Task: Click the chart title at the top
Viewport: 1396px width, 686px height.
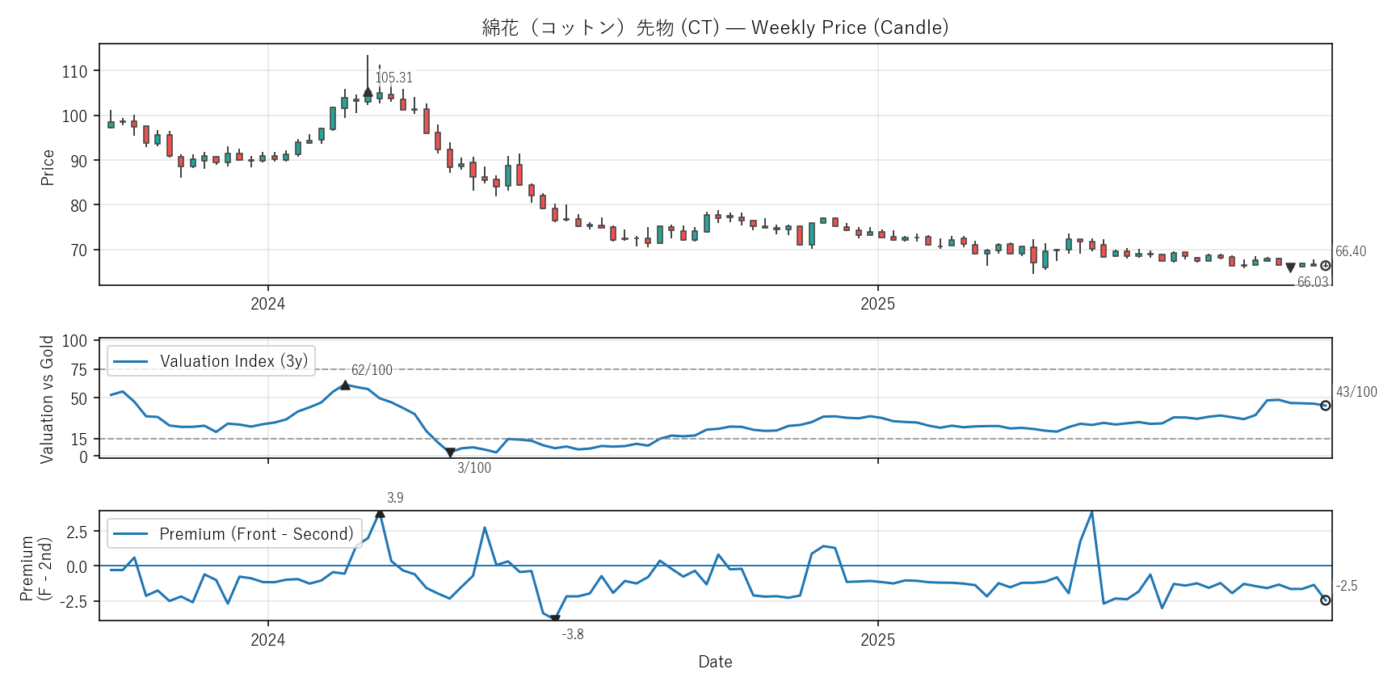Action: tap(715, 27)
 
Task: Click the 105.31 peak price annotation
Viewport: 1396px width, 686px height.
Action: tap(393, 78)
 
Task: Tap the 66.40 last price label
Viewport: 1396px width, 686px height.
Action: tap(1350, 251)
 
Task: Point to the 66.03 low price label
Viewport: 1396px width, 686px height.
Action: tap(1312, 282)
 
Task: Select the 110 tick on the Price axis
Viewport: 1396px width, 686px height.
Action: tap(74, 71)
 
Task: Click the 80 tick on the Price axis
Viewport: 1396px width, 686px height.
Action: tap(78, 205)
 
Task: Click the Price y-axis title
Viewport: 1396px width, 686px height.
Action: tap(48, 167)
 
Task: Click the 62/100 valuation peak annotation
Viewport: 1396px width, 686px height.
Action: tap(372, 370)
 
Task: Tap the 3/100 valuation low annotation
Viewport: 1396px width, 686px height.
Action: tap(474, 468)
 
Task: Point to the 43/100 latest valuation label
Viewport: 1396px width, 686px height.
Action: tap(1356, 392)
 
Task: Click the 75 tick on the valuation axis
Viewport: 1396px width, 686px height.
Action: tap(78, 369)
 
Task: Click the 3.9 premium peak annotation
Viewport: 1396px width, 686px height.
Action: tap(395, 498)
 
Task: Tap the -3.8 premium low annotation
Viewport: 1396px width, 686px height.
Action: tap(573, 634)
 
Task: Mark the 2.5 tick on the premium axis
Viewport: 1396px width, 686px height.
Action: tap(77, 532)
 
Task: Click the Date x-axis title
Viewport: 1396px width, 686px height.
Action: tap(715, 662)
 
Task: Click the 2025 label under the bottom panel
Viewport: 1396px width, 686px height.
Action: tap(877, 640)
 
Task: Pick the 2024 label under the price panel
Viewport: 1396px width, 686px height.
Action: tap(267, 304)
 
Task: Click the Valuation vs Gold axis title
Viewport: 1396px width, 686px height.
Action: tap(47, 399)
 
